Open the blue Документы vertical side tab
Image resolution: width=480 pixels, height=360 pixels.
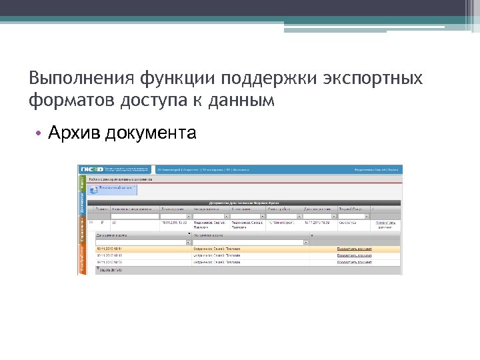click(82, 206)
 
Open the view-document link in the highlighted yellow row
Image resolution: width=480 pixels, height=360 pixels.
click(354, 249)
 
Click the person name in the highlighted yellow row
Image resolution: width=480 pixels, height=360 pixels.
click(217, 249)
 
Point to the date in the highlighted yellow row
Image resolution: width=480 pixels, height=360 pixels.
click(111, 249)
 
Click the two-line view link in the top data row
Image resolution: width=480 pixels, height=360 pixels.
click(386, 225)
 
